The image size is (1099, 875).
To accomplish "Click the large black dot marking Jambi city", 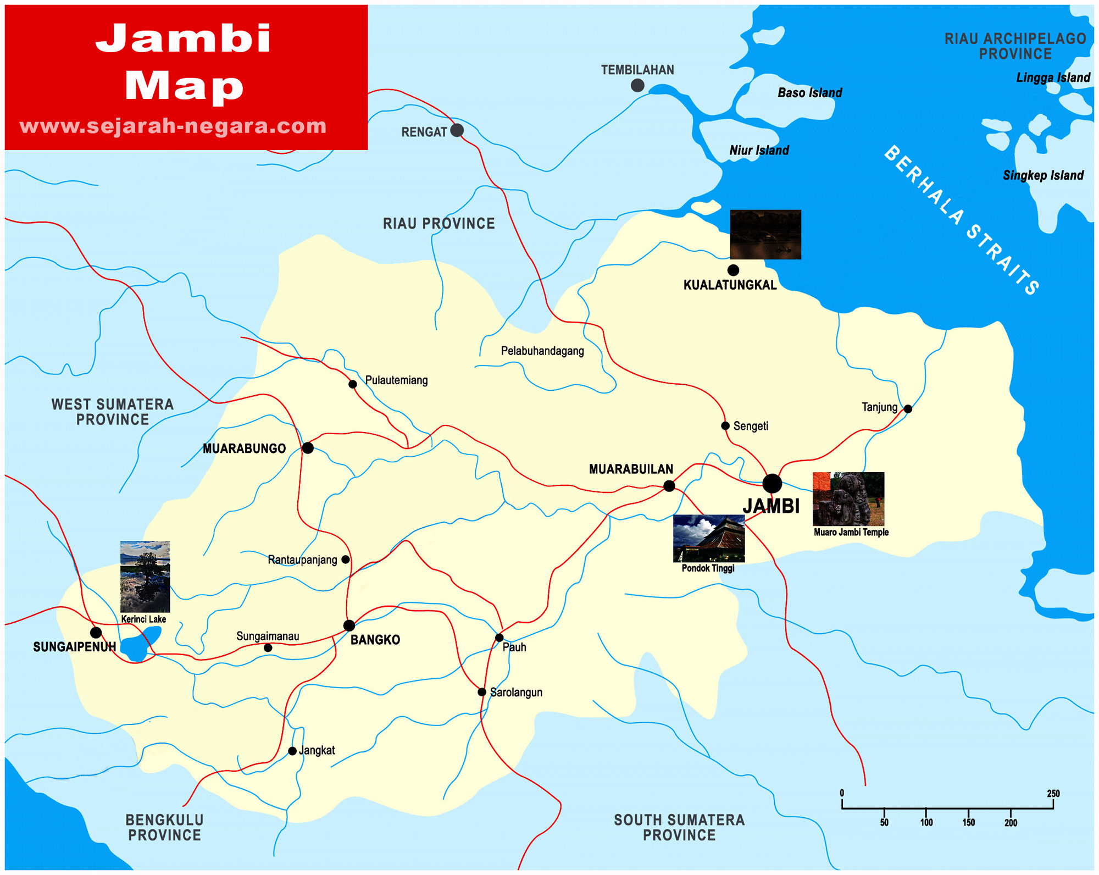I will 771,484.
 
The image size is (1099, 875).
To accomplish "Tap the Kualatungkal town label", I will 730,285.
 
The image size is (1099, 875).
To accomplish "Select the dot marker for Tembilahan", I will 637,85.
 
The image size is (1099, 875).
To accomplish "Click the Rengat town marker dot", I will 457,130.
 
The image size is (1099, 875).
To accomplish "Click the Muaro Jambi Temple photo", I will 848,499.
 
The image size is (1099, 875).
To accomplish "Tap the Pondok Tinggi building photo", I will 708,539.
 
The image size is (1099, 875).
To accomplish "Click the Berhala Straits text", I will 962,220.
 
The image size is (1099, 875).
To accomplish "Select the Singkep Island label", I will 1043,175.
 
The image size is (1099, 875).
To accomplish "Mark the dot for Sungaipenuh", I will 96,632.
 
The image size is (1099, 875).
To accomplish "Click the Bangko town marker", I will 349,625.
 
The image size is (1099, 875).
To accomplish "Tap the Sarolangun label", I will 515,693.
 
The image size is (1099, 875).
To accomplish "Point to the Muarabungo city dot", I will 308,448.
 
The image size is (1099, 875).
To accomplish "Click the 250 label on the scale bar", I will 1053,794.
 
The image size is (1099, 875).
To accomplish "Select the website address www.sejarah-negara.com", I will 173,126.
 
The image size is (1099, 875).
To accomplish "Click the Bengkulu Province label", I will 164,827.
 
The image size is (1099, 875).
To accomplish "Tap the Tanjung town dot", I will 908,409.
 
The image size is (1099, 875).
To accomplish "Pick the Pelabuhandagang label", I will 542,351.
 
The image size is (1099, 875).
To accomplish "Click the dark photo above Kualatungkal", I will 765,234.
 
